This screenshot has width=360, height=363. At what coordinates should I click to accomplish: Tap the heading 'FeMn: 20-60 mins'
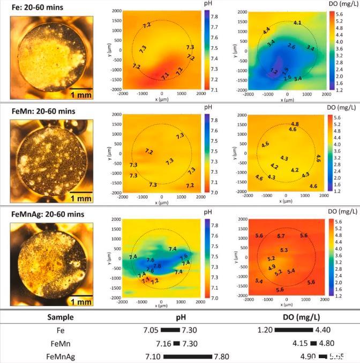point(44,112)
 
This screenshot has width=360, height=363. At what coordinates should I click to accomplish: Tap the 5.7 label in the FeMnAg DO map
point(281,236)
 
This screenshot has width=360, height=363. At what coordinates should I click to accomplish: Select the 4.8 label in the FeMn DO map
point(295,124)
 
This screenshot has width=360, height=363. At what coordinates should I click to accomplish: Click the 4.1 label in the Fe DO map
point(298,23)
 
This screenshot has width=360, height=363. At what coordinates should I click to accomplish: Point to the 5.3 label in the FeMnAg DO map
point(284,250)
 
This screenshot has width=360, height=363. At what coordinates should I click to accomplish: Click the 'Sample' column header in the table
point(61,317)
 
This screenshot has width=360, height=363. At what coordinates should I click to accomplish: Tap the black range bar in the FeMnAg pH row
point(187,355)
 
